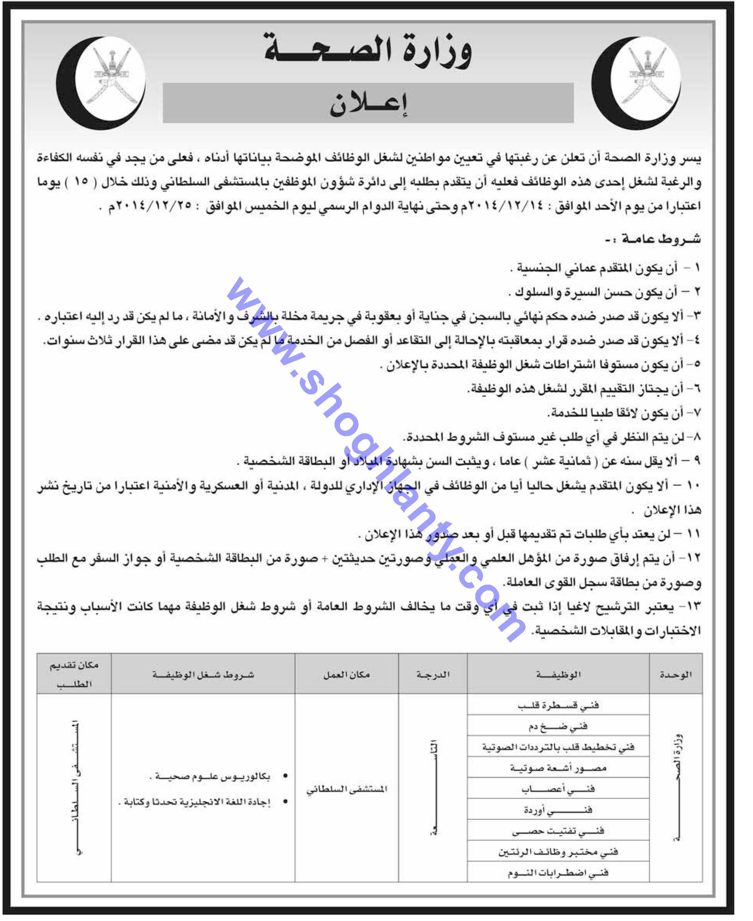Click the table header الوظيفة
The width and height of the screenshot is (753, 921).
pos(558,674)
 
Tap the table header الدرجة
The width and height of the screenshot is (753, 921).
pos(432,674)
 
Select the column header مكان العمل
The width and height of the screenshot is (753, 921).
pos(347,674)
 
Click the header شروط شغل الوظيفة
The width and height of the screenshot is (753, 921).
pos(203,674)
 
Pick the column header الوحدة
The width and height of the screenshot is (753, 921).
pos(675,674)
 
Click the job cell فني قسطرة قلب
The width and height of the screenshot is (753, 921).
pos(558,706)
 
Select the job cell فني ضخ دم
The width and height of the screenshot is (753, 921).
pos(558,726)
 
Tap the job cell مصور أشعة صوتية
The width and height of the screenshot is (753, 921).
pos(558,768)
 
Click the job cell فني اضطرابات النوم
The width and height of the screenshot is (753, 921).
pos(558,872)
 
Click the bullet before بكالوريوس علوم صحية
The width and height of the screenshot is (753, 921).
pos(285,776)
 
